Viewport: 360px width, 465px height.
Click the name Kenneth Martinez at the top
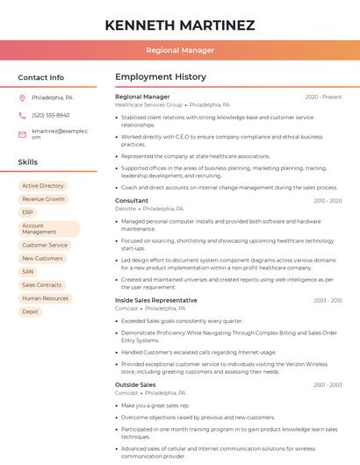pos(179,25)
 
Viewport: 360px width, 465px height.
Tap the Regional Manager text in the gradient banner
pos(179,50)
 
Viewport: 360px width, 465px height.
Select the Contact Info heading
pos(40,77)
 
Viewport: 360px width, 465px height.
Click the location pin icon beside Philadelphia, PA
pos(22,97)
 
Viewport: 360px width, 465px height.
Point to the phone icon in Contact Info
pos(22,115)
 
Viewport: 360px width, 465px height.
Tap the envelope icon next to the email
pos(22,133)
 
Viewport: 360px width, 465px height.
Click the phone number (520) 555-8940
pos(50,115)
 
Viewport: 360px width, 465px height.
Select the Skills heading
pos(27,162)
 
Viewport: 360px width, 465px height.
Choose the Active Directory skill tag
pos(43,186)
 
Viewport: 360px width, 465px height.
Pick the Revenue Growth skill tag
pos(43,199)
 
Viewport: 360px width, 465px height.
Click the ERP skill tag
pos(28,212)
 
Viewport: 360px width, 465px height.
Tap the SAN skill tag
pos(28,272)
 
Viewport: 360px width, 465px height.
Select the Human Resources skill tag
pos(45,298)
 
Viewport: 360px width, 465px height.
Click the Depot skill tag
pos(31,311)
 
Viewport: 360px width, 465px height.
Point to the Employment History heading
pos(161,77)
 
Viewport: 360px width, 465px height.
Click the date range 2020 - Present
pos(323,97)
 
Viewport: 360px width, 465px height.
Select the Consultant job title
pos(132,201)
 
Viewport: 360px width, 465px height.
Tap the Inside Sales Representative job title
pos(155,300)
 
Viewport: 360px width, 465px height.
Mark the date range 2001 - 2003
pos(327,385)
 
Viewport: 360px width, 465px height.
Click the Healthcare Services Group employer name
pos(148,104)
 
